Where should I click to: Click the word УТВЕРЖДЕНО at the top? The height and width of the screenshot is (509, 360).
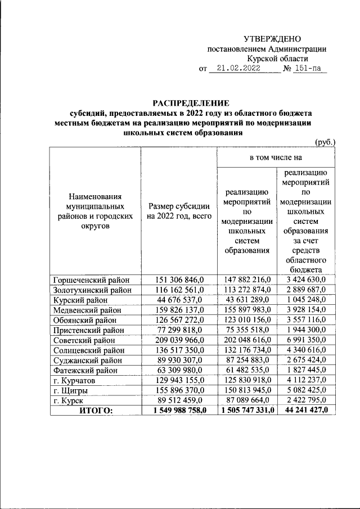tap(272, 38)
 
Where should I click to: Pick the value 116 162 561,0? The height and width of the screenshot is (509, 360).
tap(179, 290)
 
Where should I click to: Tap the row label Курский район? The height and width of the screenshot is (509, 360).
tap(77, 300)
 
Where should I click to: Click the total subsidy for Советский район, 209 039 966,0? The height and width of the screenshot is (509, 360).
tap(179, 340)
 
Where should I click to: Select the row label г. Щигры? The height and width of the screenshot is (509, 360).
tap(68, 390)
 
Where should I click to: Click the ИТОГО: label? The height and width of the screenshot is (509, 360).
tap(96, 411)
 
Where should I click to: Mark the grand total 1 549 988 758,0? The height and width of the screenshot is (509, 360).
tap(179, 411)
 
